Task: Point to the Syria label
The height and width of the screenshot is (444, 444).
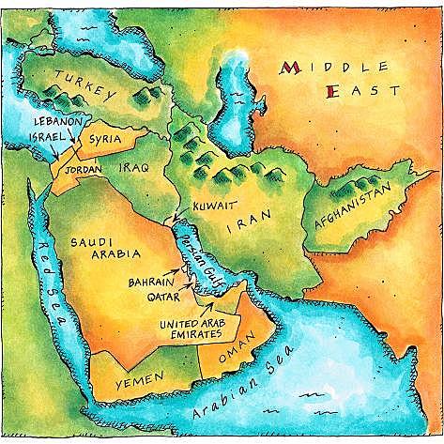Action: coord(103,138)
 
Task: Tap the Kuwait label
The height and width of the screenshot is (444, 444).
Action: coord(213,204)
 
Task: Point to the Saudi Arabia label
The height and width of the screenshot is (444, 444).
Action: coord(105,248)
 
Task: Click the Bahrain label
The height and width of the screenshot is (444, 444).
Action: coord(150,279)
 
